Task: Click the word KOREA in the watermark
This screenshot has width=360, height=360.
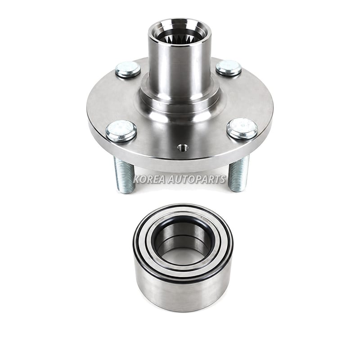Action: click(149, 179)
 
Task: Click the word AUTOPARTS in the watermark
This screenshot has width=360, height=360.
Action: click(197, 179)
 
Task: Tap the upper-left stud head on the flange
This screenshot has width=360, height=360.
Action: click(128, 69)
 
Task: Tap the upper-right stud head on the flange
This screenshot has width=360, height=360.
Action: click(229, 68)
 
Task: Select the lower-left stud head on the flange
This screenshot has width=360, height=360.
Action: click(121, 131)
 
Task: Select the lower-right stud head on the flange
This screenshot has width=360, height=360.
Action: click(242, 129)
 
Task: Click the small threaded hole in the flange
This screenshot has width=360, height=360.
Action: click(183, 148)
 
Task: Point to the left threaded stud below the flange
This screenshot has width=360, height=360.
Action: click(124, 175)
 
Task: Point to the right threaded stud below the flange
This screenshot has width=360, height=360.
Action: click(239, 173)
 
